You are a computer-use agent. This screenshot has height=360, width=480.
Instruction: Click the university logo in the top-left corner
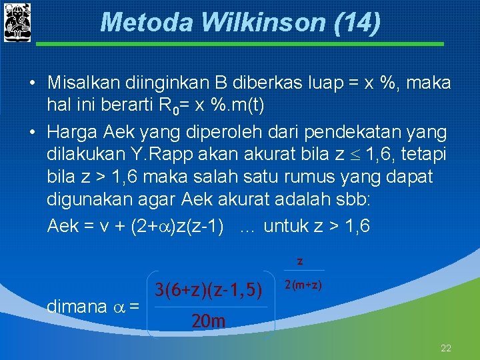[17, 22]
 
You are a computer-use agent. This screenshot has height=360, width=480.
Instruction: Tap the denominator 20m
[208, 322]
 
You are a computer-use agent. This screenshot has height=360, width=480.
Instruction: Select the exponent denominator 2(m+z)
[303, 285]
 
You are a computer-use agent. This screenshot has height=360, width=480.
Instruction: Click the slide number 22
[446, 348]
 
